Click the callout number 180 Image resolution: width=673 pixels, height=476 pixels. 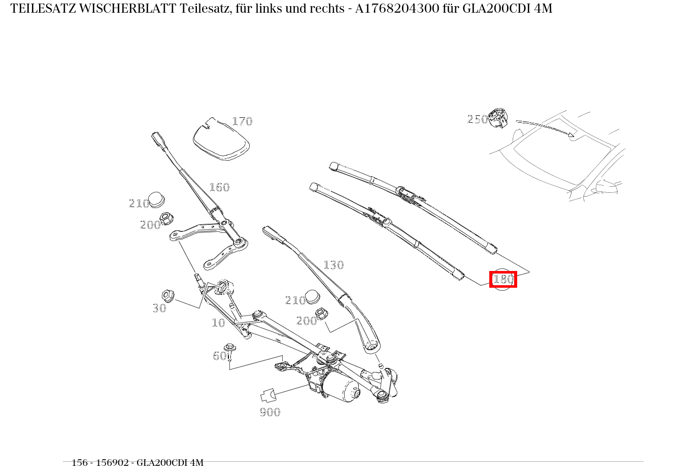coord(503,279)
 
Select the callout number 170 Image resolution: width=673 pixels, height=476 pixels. coord(242,121)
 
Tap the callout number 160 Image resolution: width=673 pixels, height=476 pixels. coord(219,187)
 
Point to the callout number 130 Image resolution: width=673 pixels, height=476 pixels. coord(333,265)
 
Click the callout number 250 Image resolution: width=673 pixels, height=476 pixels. coord(477,119)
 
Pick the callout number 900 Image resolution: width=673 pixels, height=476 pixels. coord(270,412)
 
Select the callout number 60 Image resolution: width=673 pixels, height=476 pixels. coord(219,356)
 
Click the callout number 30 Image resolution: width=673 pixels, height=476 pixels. coord(159,308)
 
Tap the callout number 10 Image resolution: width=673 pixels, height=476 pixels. coord(218,323)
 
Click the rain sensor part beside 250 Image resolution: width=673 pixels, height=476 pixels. coord(498,118)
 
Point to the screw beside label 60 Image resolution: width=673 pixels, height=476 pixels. coord(230,351)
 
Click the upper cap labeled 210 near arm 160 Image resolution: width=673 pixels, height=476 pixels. coord(157,199)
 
